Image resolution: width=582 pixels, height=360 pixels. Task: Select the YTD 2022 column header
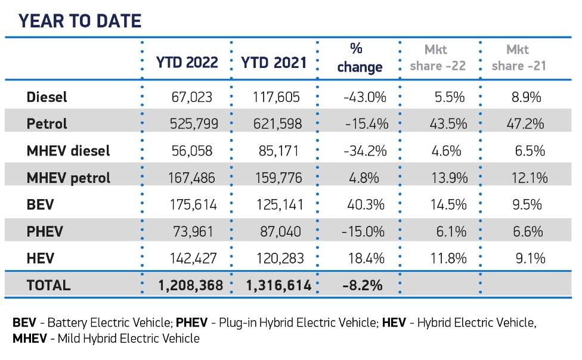[187, 63]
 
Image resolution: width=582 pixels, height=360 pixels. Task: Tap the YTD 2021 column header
[274, 63]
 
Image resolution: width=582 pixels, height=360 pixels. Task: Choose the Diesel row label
[47, 97]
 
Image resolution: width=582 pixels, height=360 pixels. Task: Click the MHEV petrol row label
[69, 177]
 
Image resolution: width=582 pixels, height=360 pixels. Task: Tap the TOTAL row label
[48, 285]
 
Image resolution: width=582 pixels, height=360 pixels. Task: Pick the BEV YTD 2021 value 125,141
[281, 204]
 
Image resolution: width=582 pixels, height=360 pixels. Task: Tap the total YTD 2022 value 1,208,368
[190, 285]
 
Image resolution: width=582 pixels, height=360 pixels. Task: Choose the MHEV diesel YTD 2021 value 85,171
[284, 151]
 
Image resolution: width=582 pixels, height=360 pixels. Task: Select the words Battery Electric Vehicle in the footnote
[110, 324]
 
